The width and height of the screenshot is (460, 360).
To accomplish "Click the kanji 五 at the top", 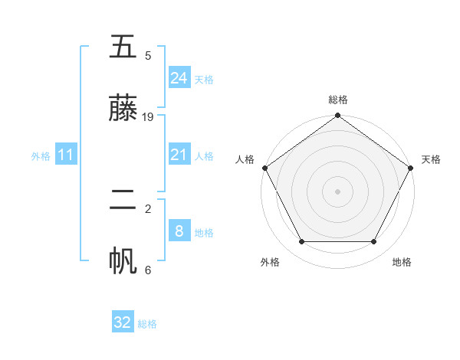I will [x=123, y=47].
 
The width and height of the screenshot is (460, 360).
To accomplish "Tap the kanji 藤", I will [x=123, y=109].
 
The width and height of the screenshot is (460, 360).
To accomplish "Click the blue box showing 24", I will [x=179, y=78].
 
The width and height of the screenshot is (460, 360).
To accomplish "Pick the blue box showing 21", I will [x=179, y=155].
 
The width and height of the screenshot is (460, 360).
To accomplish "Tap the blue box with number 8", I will [x=179, y=231].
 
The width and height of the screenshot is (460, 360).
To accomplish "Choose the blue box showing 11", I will [x=66, y=155].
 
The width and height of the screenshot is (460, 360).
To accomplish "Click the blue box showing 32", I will [x=123, y=322].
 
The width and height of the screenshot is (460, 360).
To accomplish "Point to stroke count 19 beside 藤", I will [x=148, y=117].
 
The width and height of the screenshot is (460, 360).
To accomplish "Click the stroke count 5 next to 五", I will [x=148, y=56].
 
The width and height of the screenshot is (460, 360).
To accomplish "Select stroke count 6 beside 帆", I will [x=148, y=270].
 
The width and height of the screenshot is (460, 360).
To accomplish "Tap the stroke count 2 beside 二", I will [x=148, y=208].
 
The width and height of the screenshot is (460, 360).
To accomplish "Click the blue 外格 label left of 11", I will [x=41, y=156].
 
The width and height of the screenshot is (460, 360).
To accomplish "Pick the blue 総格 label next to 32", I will [x=147, y=324].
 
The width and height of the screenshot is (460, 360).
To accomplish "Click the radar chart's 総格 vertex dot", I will [x=337, y=116].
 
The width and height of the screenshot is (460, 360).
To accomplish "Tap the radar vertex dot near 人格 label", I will [x=265, y=168].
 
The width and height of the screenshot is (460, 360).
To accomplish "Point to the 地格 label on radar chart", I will [x=402, y=262].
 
